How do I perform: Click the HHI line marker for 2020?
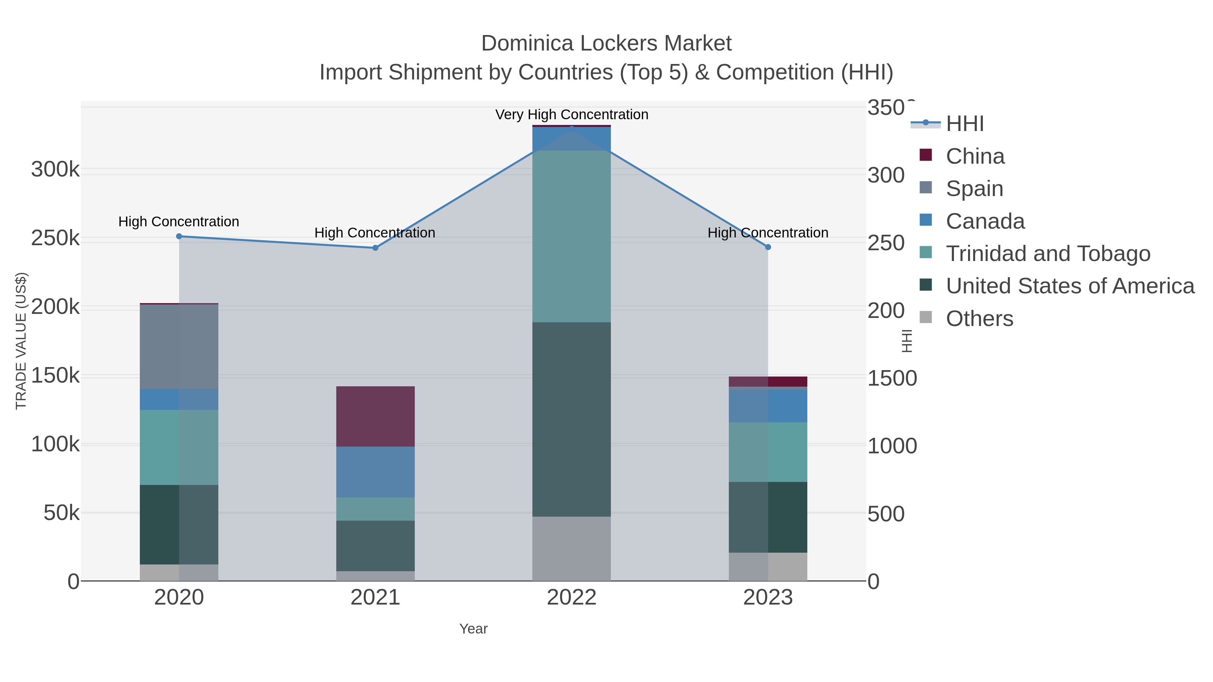coord(179,237)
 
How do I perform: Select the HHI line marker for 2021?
coord(375,248)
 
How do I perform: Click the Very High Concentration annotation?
coord(572,115)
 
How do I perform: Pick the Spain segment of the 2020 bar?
coord(179,347)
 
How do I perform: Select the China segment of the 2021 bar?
coord(375,417)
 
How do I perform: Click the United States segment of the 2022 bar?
coord(572,419)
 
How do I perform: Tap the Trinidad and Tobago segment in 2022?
coord(572,236)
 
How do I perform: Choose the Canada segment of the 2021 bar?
coord(375,472)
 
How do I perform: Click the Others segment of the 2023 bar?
coord(768,567)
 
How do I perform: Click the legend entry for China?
coord(975,156)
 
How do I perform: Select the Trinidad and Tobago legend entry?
coord(1048,254)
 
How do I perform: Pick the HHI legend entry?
coord(964,124)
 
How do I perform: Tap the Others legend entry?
coord(979,319)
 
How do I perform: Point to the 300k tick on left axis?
coord(55,169)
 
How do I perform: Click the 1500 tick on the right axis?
coord(892,379)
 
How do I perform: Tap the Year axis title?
coord(473,629)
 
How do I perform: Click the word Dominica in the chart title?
coord(527,44)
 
